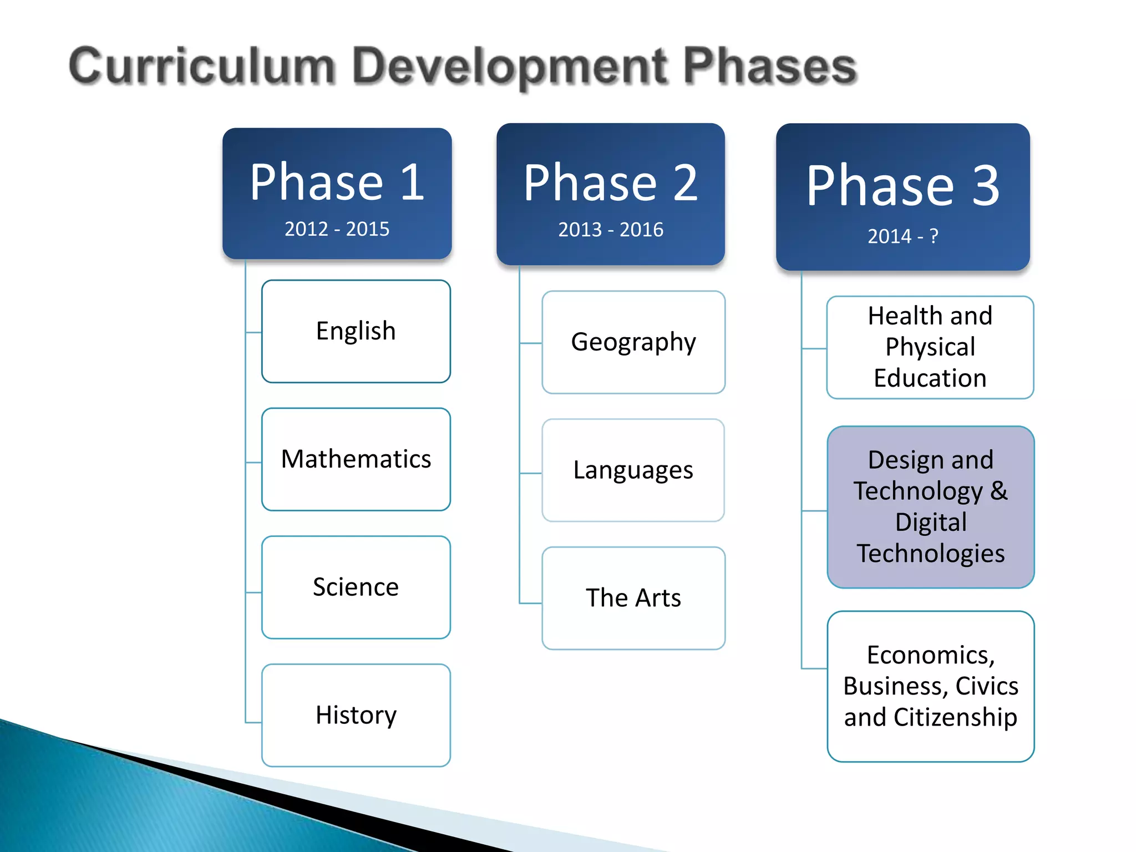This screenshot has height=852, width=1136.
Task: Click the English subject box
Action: tap(356, 331)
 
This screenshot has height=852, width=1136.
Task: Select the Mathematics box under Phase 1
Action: tap(356, 459)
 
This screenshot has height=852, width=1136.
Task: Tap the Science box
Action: tap(356, 587)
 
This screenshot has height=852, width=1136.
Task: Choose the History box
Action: tap(356, 715)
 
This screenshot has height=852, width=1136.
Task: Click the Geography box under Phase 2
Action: tap(633, 342)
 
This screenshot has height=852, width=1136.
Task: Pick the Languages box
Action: tap(633, 470)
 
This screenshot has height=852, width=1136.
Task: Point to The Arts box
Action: tap(633, 598)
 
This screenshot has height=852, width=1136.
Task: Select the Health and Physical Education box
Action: tap(930, 347)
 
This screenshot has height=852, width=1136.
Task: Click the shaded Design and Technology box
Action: tap(931, 507)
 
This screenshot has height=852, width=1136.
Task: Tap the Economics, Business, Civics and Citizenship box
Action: tap(931, 686)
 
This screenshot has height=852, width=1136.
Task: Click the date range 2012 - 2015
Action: tap(337, 229)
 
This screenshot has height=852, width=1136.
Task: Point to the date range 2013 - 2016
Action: tap(611, 230)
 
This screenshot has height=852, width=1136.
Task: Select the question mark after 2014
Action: tap(934, 236)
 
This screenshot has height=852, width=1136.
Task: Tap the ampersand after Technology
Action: tap(999, 490)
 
